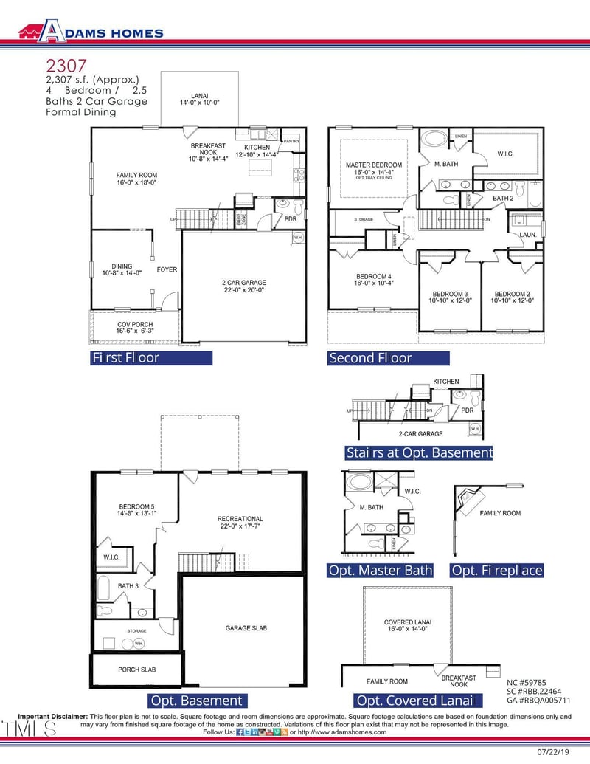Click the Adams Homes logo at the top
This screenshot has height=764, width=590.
[90, 32]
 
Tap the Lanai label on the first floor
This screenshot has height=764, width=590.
[200, 100]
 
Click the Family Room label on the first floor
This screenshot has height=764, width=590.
[136, 179]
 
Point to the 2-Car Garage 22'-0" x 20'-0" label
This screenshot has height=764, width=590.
[243, 286]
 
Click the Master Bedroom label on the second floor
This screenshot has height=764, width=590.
[374, 169]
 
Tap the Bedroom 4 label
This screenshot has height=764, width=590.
[373, 280]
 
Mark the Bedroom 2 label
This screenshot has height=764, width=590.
[513, 297]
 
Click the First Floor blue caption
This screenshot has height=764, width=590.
[150, 358]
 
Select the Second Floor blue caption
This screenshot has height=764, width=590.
[389, 358]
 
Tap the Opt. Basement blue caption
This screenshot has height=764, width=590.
[195, 700]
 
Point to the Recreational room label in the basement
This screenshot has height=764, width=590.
[240, 523]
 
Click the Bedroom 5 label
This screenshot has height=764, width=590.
[136, 510]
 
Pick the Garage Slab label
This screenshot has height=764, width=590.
[246, 628]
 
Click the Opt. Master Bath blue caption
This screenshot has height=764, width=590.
[380, 571]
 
